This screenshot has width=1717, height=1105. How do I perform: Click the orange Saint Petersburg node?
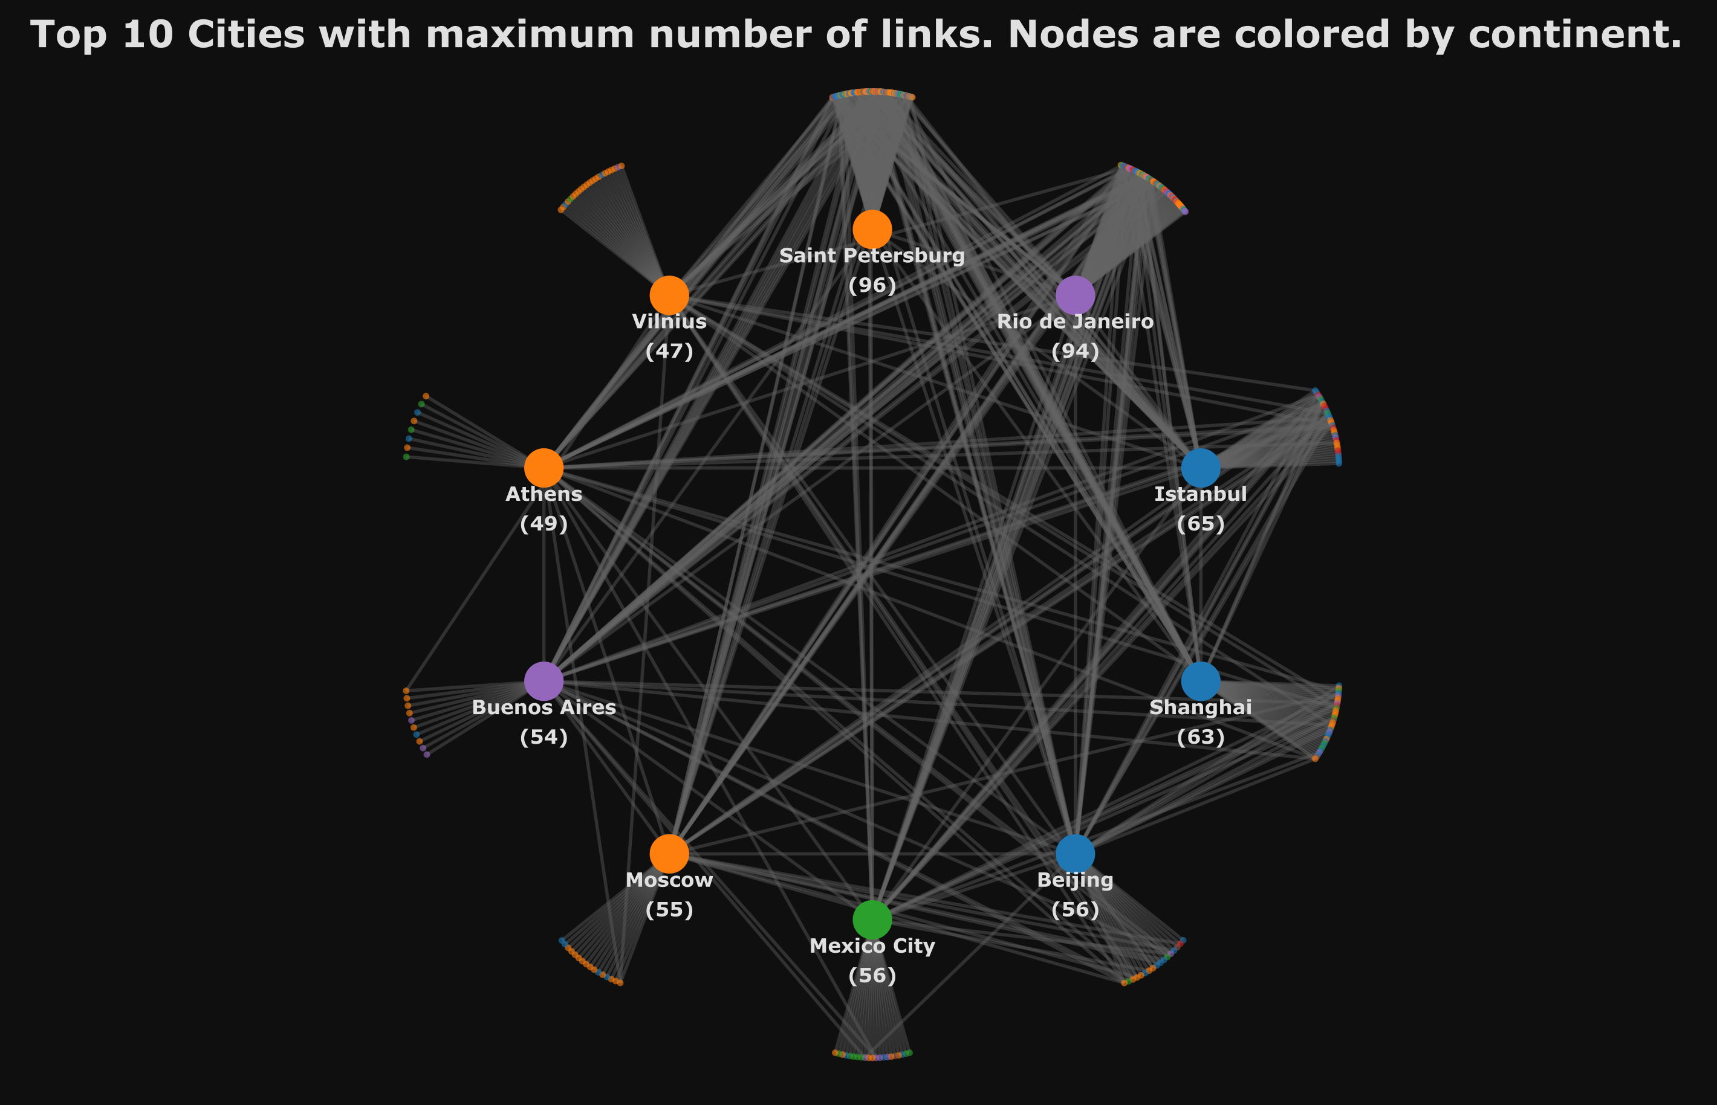[x=872, y=230]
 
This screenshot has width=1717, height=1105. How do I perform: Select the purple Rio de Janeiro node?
[x=1076, y=295]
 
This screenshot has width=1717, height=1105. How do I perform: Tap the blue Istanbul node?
[x=1201, y=468]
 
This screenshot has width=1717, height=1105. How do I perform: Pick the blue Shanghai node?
[x=1201, y=681]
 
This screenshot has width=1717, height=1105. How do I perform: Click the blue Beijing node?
[x=1076, y=854]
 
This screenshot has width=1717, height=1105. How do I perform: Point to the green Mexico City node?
[x=872, y=920]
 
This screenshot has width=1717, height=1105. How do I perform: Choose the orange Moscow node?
[x=669, y=854]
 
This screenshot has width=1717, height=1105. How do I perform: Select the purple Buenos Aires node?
[x=544, y=681]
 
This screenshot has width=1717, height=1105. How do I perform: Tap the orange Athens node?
[x=544, y=468]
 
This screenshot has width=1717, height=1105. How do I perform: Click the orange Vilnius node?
[x=669, y=295]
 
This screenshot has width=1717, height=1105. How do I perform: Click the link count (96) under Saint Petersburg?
[x=872, y=286]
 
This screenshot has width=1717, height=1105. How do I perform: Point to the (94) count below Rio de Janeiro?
[x=1076, y=351]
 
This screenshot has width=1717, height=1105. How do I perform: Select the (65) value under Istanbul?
[x=1201, y=524]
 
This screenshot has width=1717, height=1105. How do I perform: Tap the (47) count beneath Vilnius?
[x=669, y=351]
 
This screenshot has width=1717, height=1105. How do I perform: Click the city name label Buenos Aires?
[x=544, y=707]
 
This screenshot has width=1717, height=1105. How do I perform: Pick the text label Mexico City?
[x=872, y=947]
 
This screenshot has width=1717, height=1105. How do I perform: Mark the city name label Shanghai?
[x=1201, y=707]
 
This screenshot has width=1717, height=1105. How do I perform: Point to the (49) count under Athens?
[x=544, y=524]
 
